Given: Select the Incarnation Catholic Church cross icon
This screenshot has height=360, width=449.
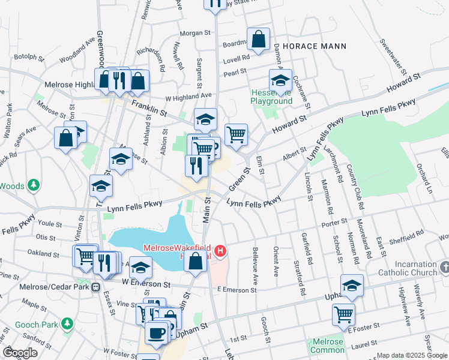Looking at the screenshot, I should point(444,265).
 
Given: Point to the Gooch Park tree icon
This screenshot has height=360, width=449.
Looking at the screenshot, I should point(68,323).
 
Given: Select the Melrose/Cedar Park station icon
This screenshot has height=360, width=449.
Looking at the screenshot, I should point(95,287).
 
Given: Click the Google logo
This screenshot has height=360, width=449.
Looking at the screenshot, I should point(20,352).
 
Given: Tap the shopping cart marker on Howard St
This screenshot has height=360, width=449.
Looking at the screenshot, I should point(236,133).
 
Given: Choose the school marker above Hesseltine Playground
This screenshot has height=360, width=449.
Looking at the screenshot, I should point(280,80).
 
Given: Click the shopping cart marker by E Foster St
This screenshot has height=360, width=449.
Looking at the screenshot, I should point(343,313).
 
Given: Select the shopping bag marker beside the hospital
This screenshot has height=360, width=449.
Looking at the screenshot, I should point(195,260).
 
